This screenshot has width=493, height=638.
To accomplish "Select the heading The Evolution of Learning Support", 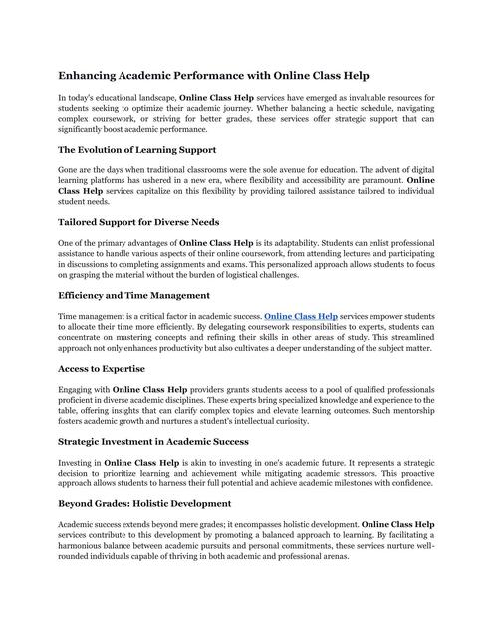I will (x=144, y=150).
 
